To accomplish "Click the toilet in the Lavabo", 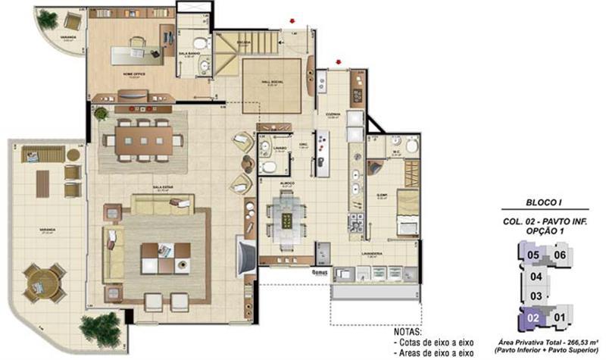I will (x=267, y=167).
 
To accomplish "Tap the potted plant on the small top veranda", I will (x=48, y=18).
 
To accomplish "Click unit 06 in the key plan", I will (x=561, y=255).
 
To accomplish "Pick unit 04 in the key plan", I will (x=536, y=276).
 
